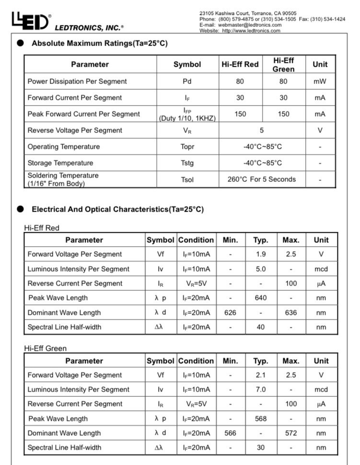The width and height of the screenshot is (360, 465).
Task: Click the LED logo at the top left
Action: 29,20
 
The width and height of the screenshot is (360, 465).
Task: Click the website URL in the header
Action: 251,31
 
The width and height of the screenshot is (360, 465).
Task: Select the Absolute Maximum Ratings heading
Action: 100,43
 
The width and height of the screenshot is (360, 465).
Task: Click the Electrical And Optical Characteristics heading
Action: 117,209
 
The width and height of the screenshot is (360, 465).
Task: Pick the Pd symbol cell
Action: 187,81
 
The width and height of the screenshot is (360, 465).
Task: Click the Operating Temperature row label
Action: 64,146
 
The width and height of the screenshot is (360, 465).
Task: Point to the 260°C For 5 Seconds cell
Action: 262,179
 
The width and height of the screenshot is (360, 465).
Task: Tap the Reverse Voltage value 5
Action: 262,130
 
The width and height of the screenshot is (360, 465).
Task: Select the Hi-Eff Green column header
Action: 283,64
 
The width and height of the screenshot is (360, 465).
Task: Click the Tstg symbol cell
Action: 187,163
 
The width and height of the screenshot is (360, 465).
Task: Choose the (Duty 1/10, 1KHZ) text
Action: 187,118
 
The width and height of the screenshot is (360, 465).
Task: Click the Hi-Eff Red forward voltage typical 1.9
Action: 261,254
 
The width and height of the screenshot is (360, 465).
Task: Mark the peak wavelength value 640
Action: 261,298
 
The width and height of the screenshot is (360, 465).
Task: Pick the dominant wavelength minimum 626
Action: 230,312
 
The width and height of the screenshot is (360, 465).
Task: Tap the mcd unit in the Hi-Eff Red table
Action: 321,269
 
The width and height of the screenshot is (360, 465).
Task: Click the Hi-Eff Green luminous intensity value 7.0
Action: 261,389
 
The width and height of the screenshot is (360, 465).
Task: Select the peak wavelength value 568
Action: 261,418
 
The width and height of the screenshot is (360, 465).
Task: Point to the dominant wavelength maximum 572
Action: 291,433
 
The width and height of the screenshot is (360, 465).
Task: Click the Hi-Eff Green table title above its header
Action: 46,348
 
